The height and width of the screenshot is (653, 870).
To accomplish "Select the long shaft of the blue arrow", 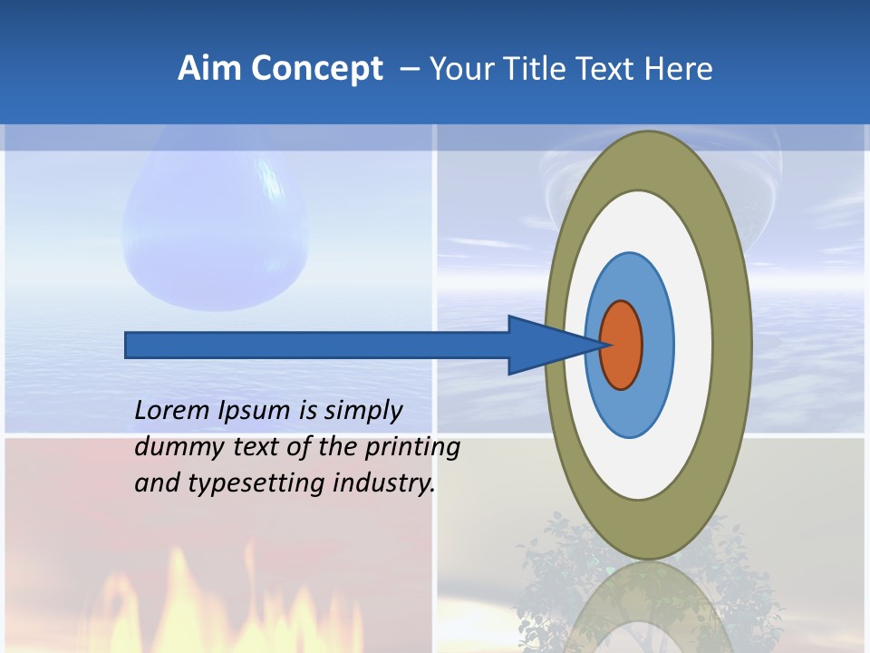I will pyautogui.click(x=317, y=345).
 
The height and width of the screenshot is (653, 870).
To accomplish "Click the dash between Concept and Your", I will pyautogui.click(x=409, y=69).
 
